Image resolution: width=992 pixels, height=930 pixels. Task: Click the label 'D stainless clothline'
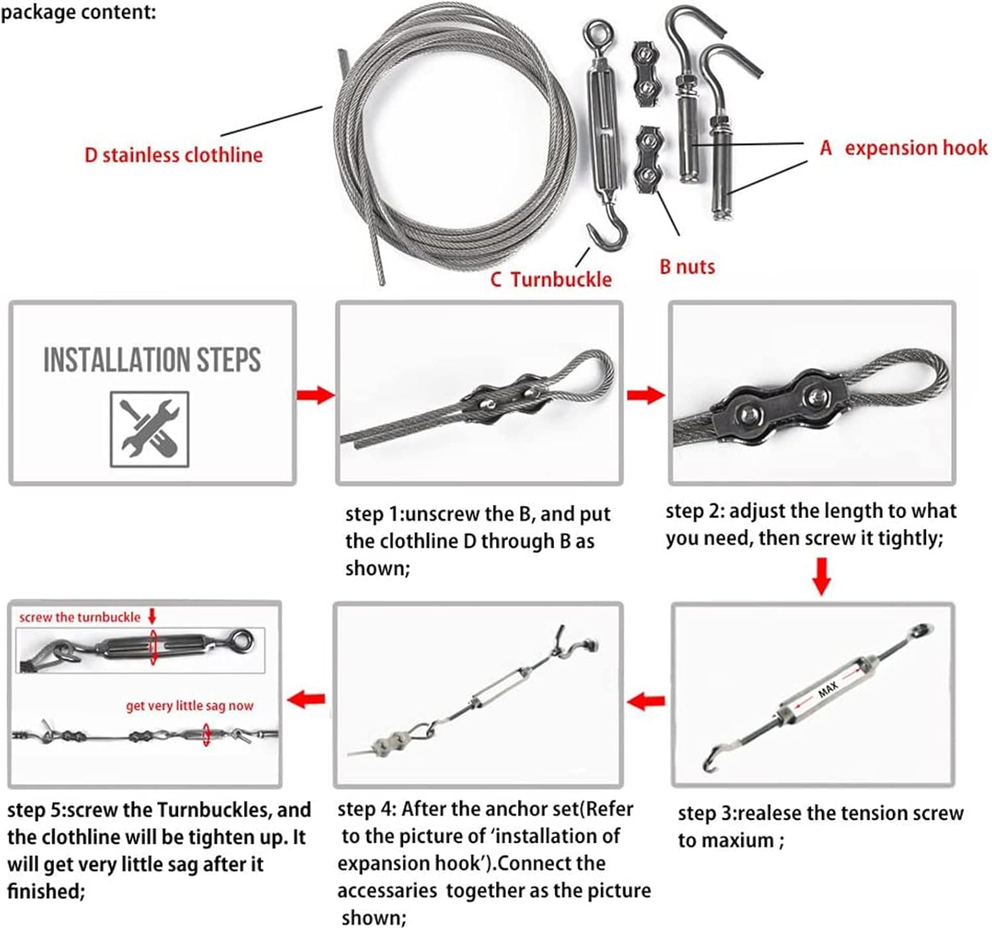tap(173, 155)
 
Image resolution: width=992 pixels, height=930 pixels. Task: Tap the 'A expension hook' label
tap(903, 148)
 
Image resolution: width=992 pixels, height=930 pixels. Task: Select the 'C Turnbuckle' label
tap(551, 279)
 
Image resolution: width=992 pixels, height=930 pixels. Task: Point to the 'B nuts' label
tap(687, 267)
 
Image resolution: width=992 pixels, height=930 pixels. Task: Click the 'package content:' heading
tap(78, 12)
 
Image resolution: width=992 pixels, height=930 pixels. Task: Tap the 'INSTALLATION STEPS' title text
tap(152, 360)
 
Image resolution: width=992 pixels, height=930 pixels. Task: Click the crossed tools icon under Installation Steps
tap(149, 429)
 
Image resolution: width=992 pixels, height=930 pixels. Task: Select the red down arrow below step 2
tap(821, 575)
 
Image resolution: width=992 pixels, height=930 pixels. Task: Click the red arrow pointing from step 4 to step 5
tap(307, 698)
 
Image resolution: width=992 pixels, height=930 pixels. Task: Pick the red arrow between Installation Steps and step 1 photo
tap(315, 396)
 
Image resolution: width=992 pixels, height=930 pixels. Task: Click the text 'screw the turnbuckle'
tap(80, 617)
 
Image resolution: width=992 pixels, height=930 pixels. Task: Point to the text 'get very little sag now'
tap(189, 706)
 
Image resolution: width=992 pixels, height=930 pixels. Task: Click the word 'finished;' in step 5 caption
tap(46, 891)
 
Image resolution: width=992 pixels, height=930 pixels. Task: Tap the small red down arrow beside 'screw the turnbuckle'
tap(152, 616)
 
